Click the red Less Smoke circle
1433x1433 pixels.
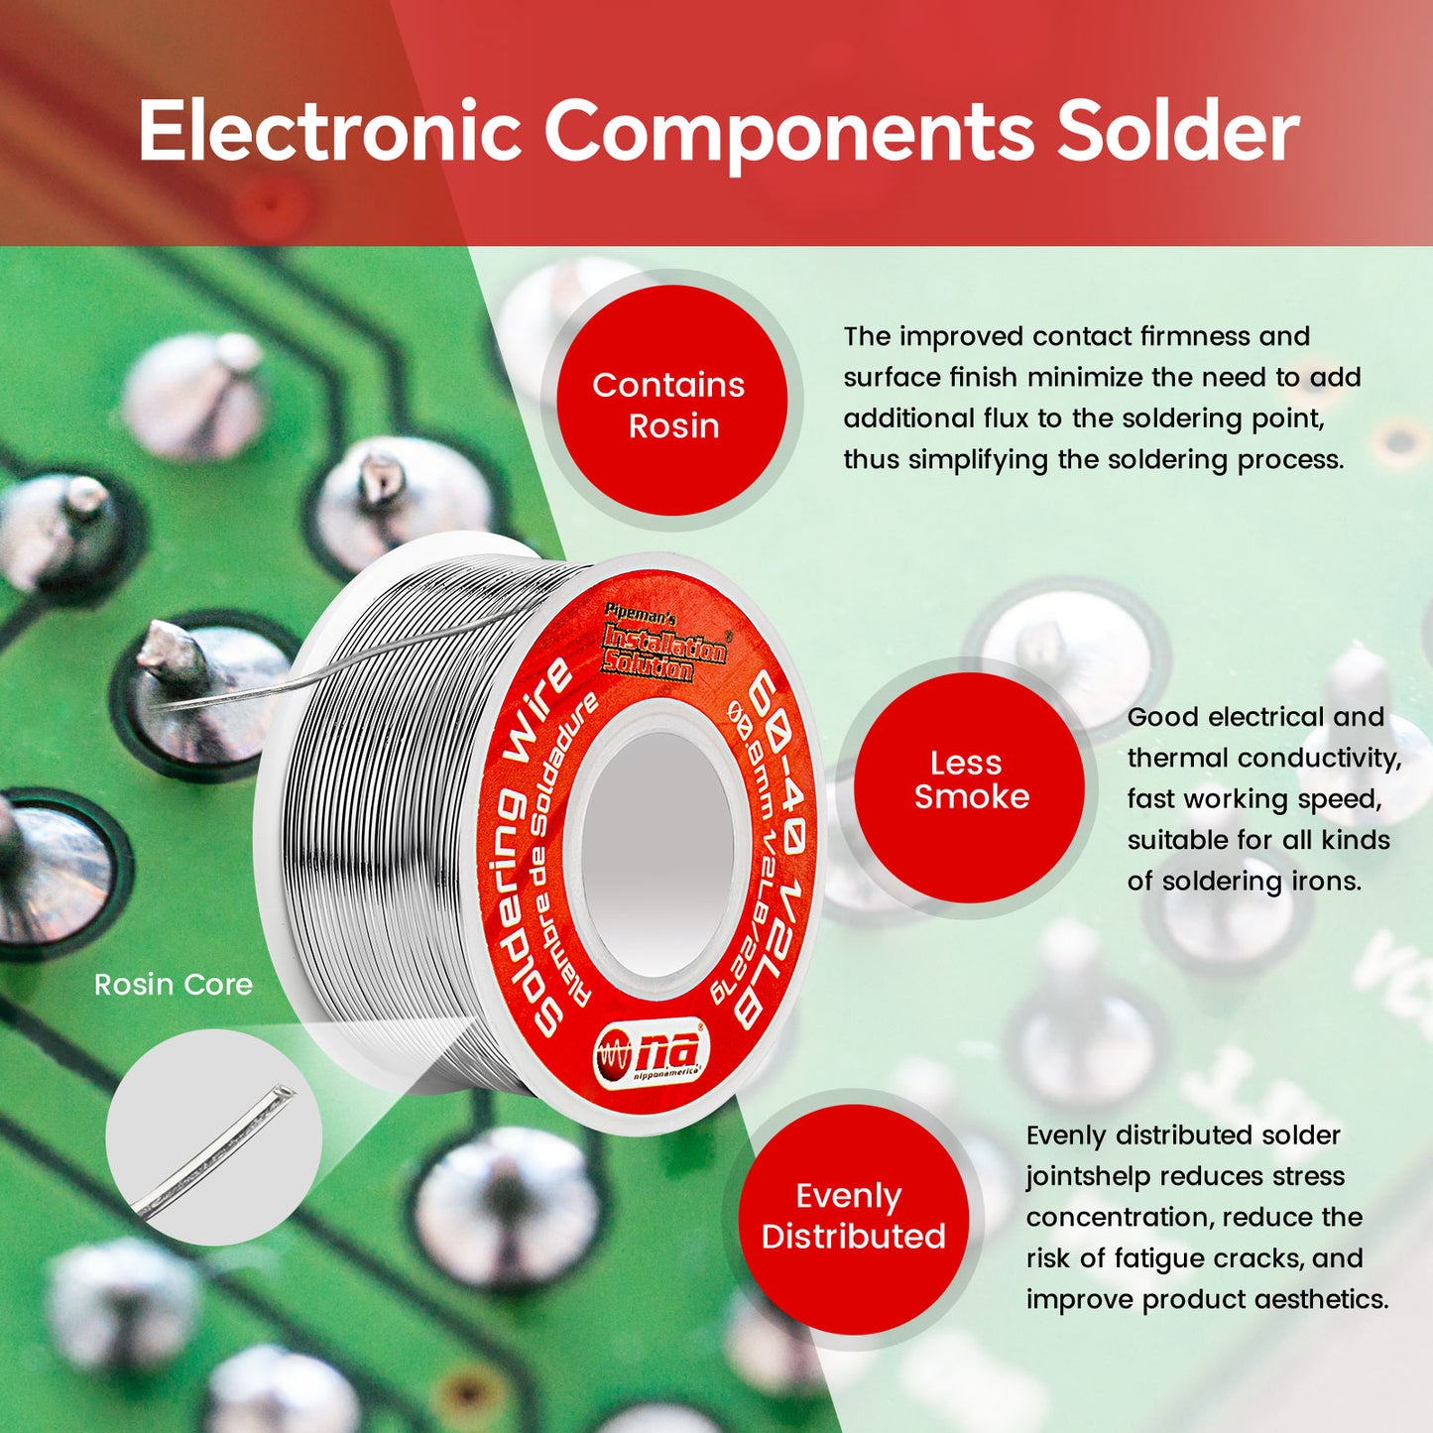point(970,780)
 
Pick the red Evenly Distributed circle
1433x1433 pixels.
point(853,1217)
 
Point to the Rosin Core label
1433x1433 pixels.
point(174,985)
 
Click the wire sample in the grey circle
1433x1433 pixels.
point(214,1139)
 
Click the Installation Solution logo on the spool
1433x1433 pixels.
point(663,647)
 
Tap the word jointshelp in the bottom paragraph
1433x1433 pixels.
point(1086,1177)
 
